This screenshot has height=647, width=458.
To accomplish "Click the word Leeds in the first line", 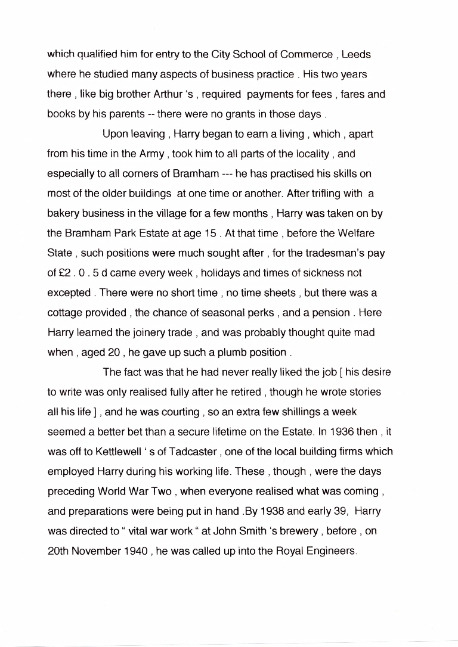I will point(356,55).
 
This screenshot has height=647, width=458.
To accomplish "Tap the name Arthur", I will point(168,94).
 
